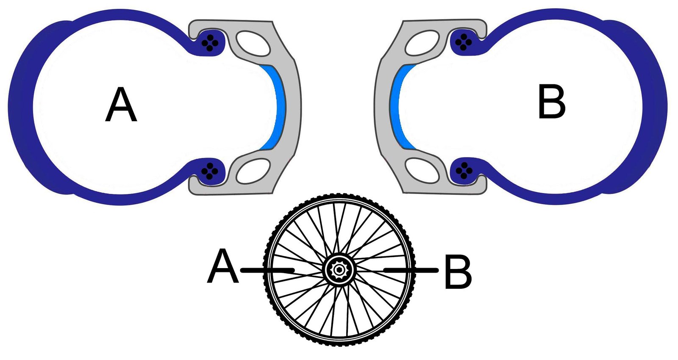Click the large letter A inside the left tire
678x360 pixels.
click(x=121, y=105)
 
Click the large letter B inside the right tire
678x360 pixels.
click(x=551, y=102)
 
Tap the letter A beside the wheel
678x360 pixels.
click(x=222, y=267)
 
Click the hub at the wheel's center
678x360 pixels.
click(x=339, y=269)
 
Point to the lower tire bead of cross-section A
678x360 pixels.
click(x=210, y=171)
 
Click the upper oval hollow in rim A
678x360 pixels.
click(x=253, y=43)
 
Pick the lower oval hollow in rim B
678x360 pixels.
click(x=422, y=170)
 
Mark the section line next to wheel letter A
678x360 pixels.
click(x=267, y=270)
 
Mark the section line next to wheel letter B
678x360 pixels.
click(x=410, y=270)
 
